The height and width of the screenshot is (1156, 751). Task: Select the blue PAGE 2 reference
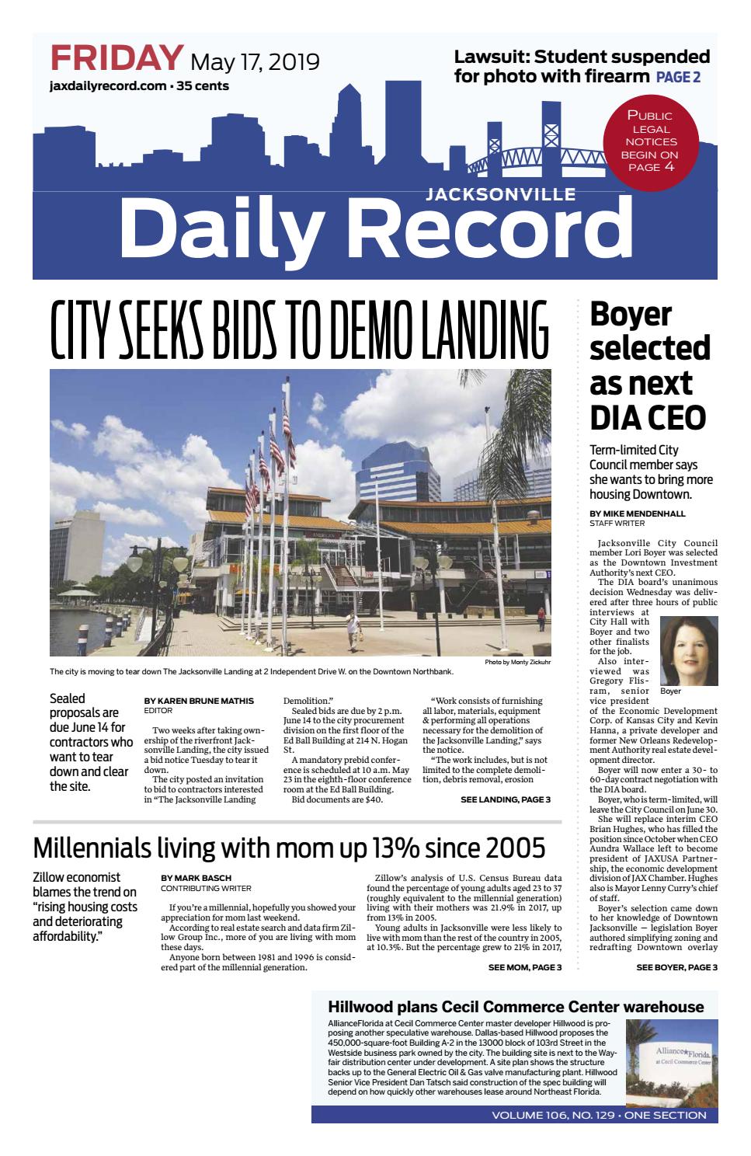click(678, 77)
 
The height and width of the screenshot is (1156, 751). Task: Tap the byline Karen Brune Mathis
click(200, 701)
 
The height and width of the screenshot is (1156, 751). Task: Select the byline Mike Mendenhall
click(637, 514)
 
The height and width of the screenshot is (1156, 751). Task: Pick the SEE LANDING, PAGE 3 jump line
click(505, 799)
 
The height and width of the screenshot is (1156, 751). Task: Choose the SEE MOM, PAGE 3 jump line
click(524, 967)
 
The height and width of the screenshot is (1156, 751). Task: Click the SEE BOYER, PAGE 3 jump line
click(676, 967)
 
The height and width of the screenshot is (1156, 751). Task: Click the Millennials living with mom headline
click(289, 847)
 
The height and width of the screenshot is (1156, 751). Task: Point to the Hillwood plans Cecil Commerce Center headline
click(516, 1007)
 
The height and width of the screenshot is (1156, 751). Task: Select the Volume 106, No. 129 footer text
click(598, 1115)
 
